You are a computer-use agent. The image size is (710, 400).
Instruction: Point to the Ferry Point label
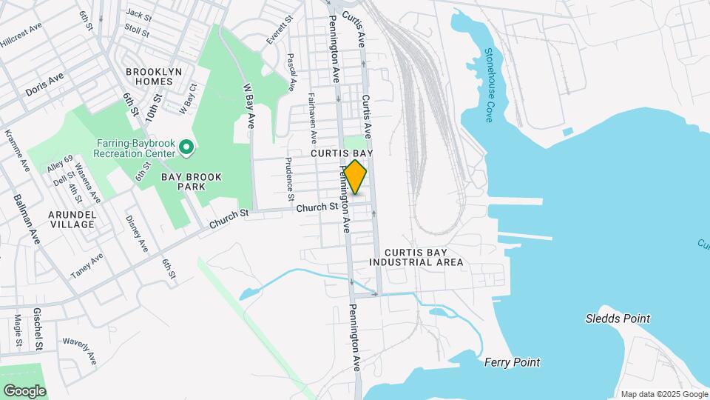pos(512,362)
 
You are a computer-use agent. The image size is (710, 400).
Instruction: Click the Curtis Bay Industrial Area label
pos(416,257)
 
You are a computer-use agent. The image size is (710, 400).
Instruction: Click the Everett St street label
pos(277,32)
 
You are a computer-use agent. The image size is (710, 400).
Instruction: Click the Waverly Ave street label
pos(80,349)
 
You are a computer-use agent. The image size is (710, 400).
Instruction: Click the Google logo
pos(24,390)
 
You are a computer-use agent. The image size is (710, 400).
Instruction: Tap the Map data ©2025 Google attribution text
pos(663,394)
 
